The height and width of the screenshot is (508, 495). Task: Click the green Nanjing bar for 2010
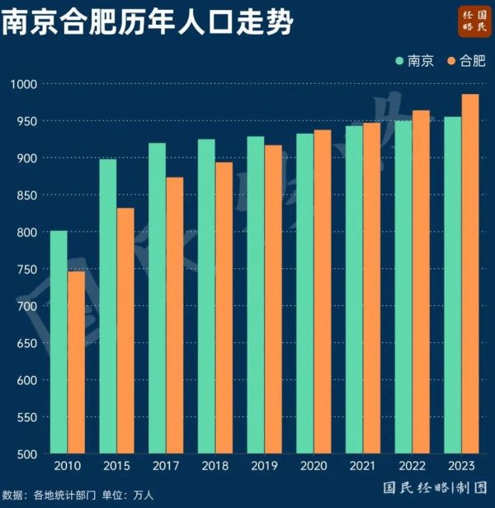tap(59, 342)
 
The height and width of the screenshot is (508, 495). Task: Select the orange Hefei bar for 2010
tap(76, 363)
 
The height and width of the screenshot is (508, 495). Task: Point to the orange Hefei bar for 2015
tap(125, 331)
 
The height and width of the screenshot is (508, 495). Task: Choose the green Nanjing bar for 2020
tap(305, 293)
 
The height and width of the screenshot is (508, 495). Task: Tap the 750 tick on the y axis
tap(26, 269)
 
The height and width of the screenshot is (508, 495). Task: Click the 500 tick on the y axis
tap(26, 454)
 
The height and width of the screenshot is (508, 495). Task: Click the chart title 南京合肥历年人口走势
tap(147, 22)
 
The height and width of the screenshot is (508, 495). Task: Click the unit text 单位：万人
tap(127, 496)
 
